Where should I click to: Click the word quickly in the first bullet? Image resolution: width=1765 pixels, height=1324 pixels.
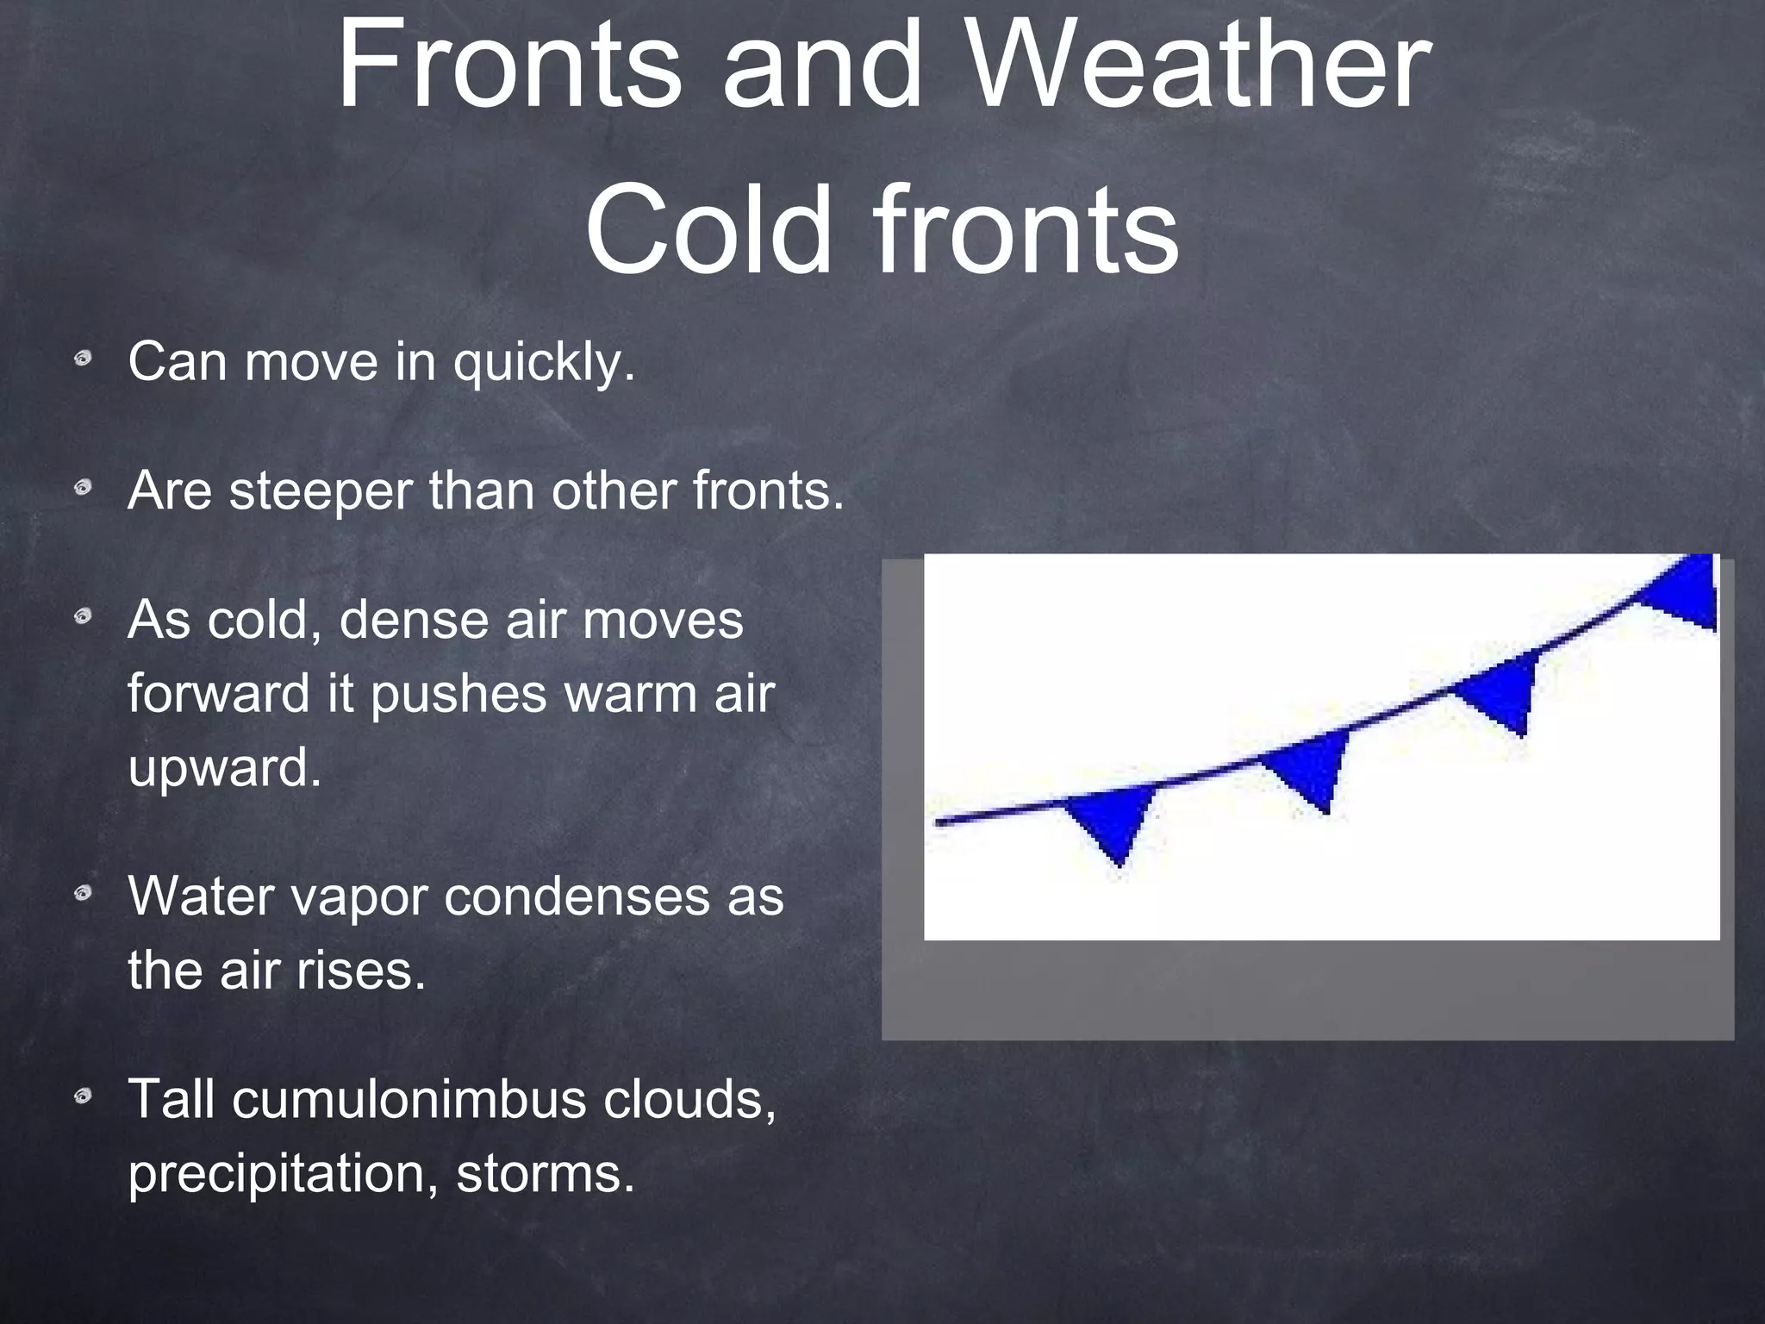tap(544, 362)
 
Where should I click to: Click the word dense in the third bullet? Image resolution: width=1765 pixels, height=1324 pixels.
tap(413, 620)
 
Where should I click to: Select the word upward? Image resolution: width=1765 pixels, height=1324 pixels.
tap(224, 767)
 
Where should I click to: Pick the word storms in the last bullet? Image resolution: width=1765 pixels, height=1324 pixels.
tap(545, 1173)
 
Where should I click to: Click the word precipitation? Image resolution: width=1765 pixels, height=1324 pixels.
tap(284, 1175)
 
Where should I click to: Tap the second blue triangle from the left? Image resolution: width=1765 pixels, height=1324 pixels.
tap(1310, 767)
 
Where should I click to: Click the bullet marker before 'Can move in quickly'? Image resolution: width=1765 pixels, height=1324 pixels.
tap(83, 359)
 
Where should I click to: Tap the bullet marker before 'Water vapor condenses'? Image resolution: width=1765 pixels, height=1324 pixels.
tap(83, 895)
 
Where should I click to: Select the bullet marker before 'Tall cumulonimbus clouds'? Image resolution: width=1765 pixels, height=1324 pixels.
tap(83, 1097)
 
